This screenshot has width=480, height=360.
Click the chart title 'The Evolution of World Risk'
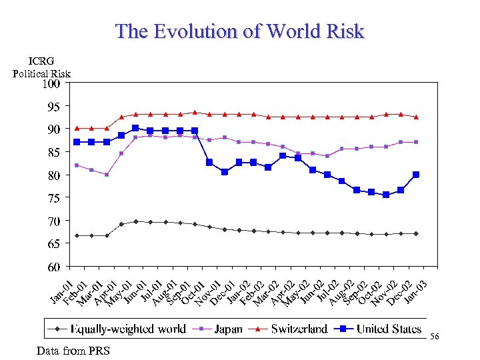point(240,31)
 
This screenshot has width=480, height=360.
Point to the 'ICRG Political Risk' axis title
point(41,67)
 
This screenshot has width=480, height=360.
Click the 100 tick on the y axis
point(51,84)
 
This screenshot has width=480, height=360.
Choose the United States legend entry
point(380,329)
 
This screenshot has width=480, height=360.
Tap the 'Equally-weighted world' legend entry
point(120,329)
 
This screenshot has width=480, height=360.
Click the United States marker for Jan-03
point(416,175)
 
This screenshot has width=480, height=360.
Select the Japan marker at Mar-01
point(107,175)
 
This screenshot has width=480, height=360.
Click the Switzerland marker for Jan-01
point(77,128)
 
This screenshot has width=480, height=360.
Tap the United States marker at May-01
point(135,128)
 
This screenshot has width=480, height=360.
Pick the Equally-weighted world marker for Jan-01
point(77,235)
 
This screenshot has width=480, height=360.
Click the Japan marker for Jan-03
point(416,142)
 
